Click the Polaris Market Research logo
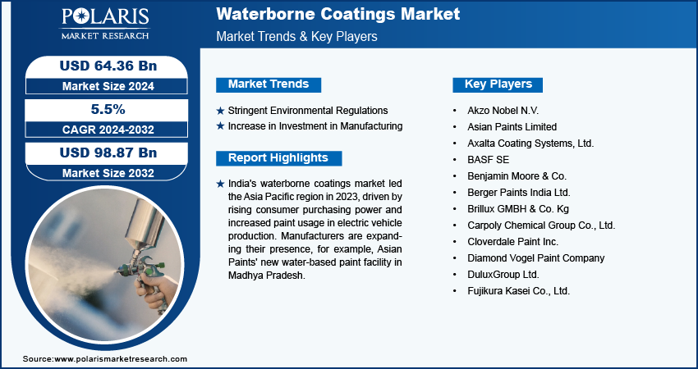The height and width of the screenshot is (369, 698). tap(105, 24)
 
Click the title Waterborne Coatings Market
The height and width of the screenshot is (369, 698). tap(338, 14)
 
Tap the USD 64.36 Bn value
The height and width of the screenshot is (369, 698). tap(108, 66)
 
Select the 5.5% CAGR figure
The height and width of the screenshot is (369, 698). tap(108, 109)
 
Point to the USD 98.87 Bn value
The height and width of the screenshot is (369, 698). tap(108, 153)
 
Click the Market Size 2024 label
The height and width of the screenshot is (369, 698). tap(108, 86)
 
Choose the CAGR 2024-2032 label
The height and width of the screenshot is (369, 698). tap(108, 130)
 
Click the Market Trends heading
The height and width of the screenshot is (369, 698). tap(269, 84)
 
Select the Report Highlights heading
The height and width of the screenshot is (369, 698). tap(278, 157)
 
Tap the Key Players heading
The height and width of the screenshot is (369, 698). tap(498, 84)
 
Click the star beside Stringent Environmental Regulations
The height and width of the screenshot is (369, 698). tap(220, 111)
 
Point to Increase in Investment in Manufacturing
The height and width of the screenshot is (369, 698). tap(315, 126)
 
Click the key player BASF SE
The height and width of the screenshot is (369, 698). tap(488, 160)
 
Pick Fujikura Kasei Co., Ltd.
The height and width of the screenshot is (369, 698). tap(519, 291)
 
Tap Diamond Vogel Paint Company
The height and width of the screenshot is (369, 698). tap(536, 258)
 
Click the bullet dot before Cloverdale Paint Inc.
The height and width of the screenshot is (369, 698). tap(454, 242)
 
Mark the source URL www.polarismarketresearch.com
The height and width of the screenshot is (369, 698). tap(121, 359)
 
